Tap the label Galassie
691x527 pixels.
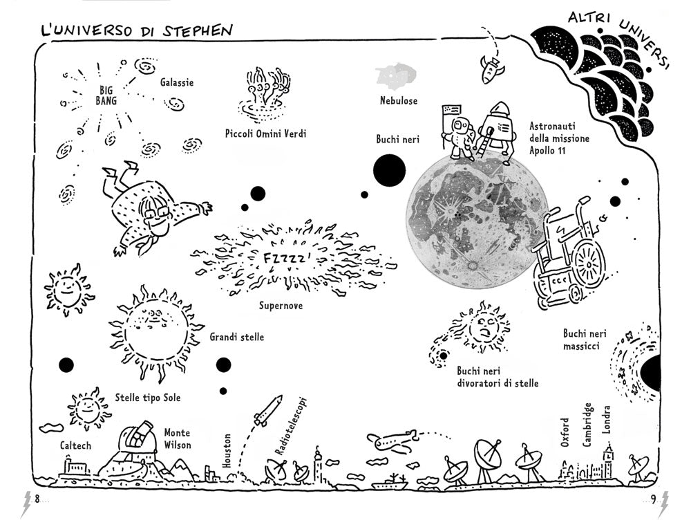177,82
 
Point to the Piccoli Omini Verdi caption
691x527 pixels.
265,133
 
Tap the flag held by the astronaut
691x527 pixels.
451,111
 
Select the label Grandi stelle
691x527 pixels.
236,338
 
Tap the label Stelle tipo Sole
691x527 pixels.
147,397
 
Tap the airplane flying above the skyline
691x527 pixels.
390,440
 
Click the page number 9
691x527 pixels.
653,501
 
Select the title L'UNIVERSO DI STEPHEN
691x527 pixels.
136,30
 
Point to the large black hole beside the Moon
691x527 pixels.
389,170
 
